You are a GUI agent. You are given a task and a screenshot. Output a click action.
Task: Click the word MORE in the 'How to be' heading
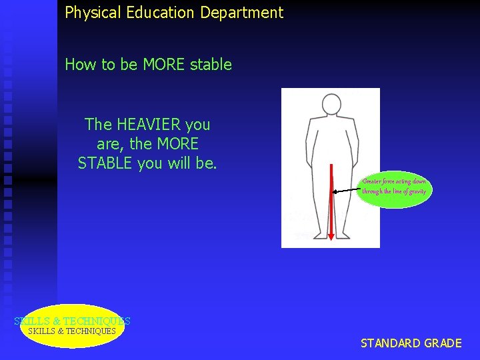(164, 65)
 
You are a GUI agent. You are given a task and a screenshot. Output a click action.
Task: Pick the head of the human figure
(331, 105)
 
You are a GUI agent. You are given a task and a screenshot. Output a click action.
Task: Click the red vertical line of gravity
(331, 200)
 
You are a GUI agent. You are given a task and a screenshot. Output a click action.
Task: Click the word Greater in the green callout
(373, 181)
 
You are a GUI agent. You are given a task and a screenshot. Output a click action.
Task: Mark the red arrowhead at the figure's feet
(331, 233)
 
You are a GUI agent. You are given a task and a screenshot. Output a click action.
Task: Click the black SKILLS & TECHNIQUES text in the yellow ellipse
(72, 331)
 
